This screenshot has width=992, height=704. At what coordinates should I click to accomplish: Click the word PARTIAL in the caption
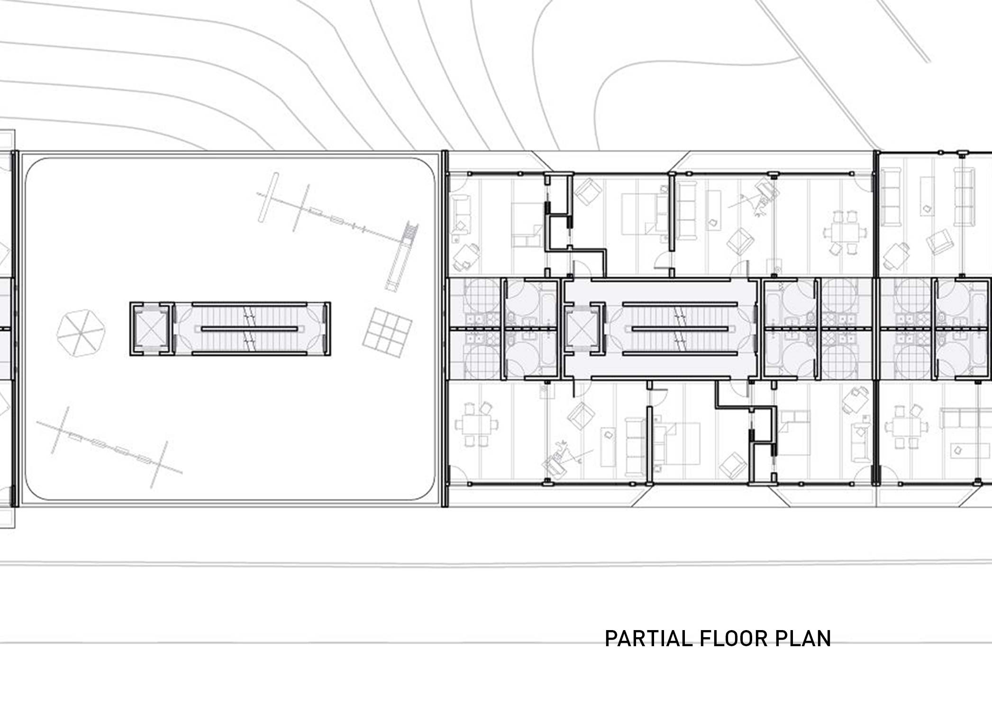[x=648, y=639]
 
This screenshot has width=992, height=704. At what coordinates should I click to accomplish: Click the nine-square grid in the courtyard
[x=387, y=332]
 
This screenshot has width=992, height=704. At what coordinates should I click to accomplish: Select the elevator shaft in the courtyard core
[x=150, y=329]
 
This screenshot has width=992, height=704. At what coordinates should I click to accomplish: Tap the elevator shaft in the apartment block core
[x=582, y=329]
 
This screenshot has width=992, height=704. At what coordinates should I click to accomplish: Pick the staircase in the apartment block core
[x=680, y=329]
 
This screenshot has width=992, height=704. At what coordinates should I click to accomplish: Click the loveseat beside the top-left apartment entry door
[x=460, y=217]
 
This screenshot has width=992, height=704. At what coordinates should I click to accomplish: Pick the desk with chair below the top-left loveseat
[x=466, y=256]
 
